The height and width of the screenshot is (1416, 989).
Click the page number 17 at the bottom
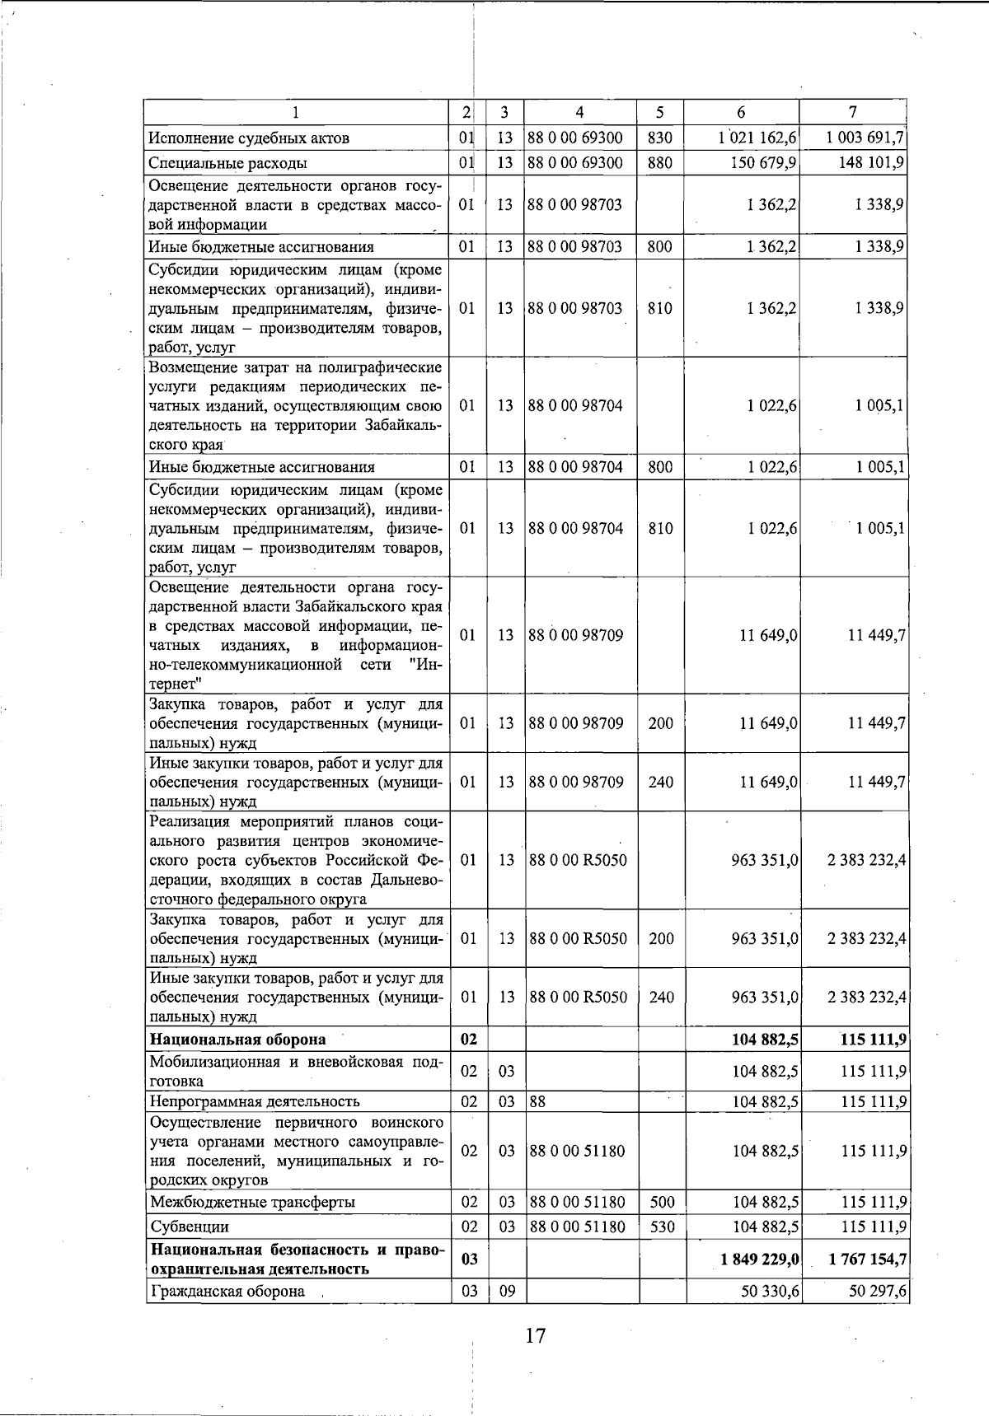[535, 1335]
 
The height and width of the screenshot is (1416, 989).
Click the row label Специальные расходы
[227, 163]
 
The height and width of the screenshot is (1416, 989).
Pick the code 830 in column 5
[659, 138]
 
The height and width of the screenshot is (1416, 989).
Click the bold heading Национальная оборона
[237, 1040]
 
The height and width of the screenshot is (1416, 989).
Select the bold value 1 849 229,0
[758, 1259]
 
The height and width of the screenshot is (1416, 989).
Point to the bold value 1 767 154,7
[863, 1259]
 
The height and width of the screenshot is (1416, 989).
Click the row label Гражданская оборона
[227, 1291]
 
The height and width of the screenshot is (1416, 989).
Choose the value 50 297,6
[878, 1291]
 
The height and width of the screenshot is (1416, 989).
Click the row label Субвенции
[189, 1227]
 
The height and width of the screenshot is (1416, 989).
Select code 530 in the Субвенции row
[661, 1227]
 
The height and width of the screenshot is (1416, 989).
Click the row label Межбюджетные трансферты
[252, 1202]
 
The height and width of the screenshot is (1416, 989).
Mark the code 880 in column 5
[659, 163]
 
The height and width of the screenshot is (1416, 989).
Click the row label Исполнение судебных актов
[249, 138]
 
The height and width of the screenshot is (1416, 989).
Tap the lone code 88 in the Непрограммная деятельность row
[537, 1101]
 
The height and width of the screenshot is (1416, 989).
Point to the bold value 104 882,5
[765, 1040]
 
